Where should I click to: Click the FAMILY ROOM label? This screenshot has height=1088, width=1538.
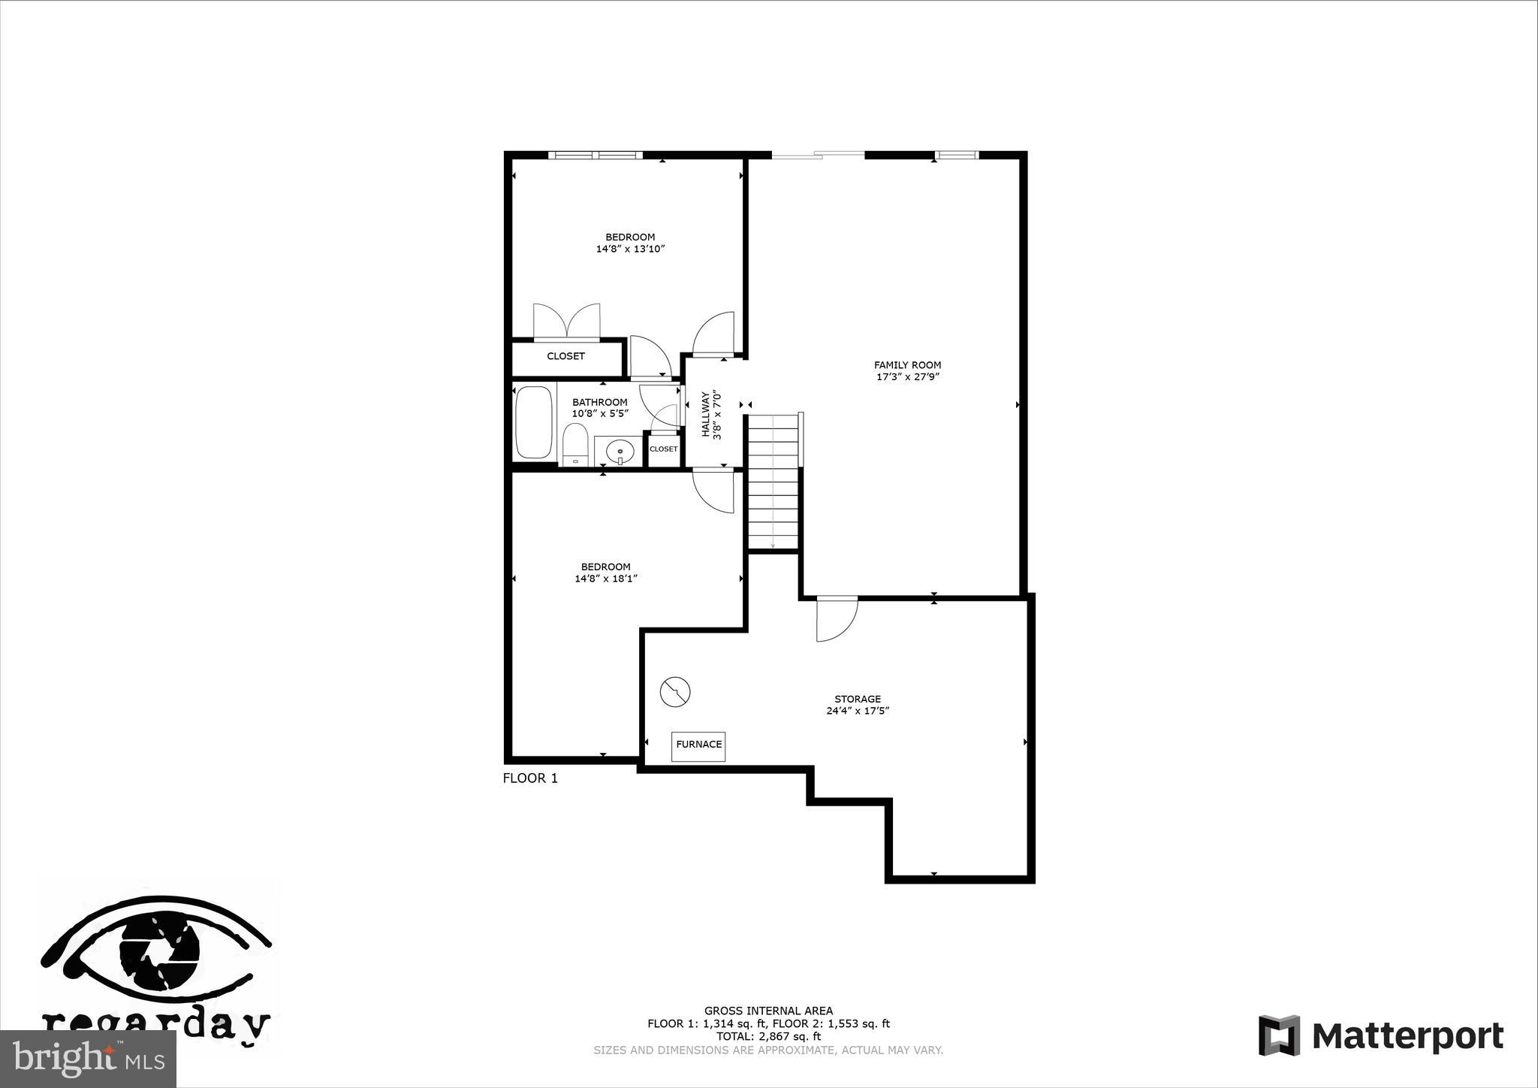point(907,365)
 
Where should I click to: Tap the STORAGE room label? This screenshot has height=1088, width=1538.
point(857,699)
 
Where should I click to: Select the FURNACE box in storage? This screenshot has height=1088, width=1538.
point(698,745)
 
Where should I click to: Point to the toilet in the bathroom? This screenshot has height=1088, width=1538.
point(574,445)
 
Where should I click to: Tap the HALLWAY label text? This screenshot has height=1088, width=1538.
point(706,414)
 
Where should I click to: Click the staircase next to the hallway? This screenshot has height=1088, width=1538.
point(773,481)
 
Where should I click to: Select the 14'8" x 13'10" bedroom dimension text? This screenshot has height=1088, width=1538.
point(631,249)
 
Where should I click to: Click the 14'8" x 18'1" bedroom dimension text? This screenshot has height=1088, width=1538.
point(605,579)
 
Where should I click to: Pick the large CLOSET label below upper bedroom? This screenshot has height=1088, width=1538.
point(565,356)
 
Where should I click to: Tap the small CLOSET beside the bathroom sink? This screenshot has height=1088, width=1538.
point(663,449)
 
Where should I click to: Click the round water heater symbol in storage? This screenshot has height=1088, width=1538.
point(675,692)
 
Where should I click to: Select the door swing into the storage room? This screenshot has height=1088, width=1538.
point(837,619)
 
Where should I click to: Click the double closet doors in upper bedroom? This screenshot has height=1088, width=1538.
point(567,322)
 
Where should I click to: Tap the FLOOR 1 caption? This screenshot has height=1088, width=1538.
point(530,778)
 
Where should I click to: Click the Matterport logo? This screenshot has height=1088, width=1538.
point(1380,1036)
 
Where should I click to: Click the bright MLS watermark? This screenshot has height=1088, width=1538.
point(88,1059)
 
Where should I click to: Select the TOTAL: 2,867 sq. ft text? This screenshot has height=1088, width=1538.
point(768,1036)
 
